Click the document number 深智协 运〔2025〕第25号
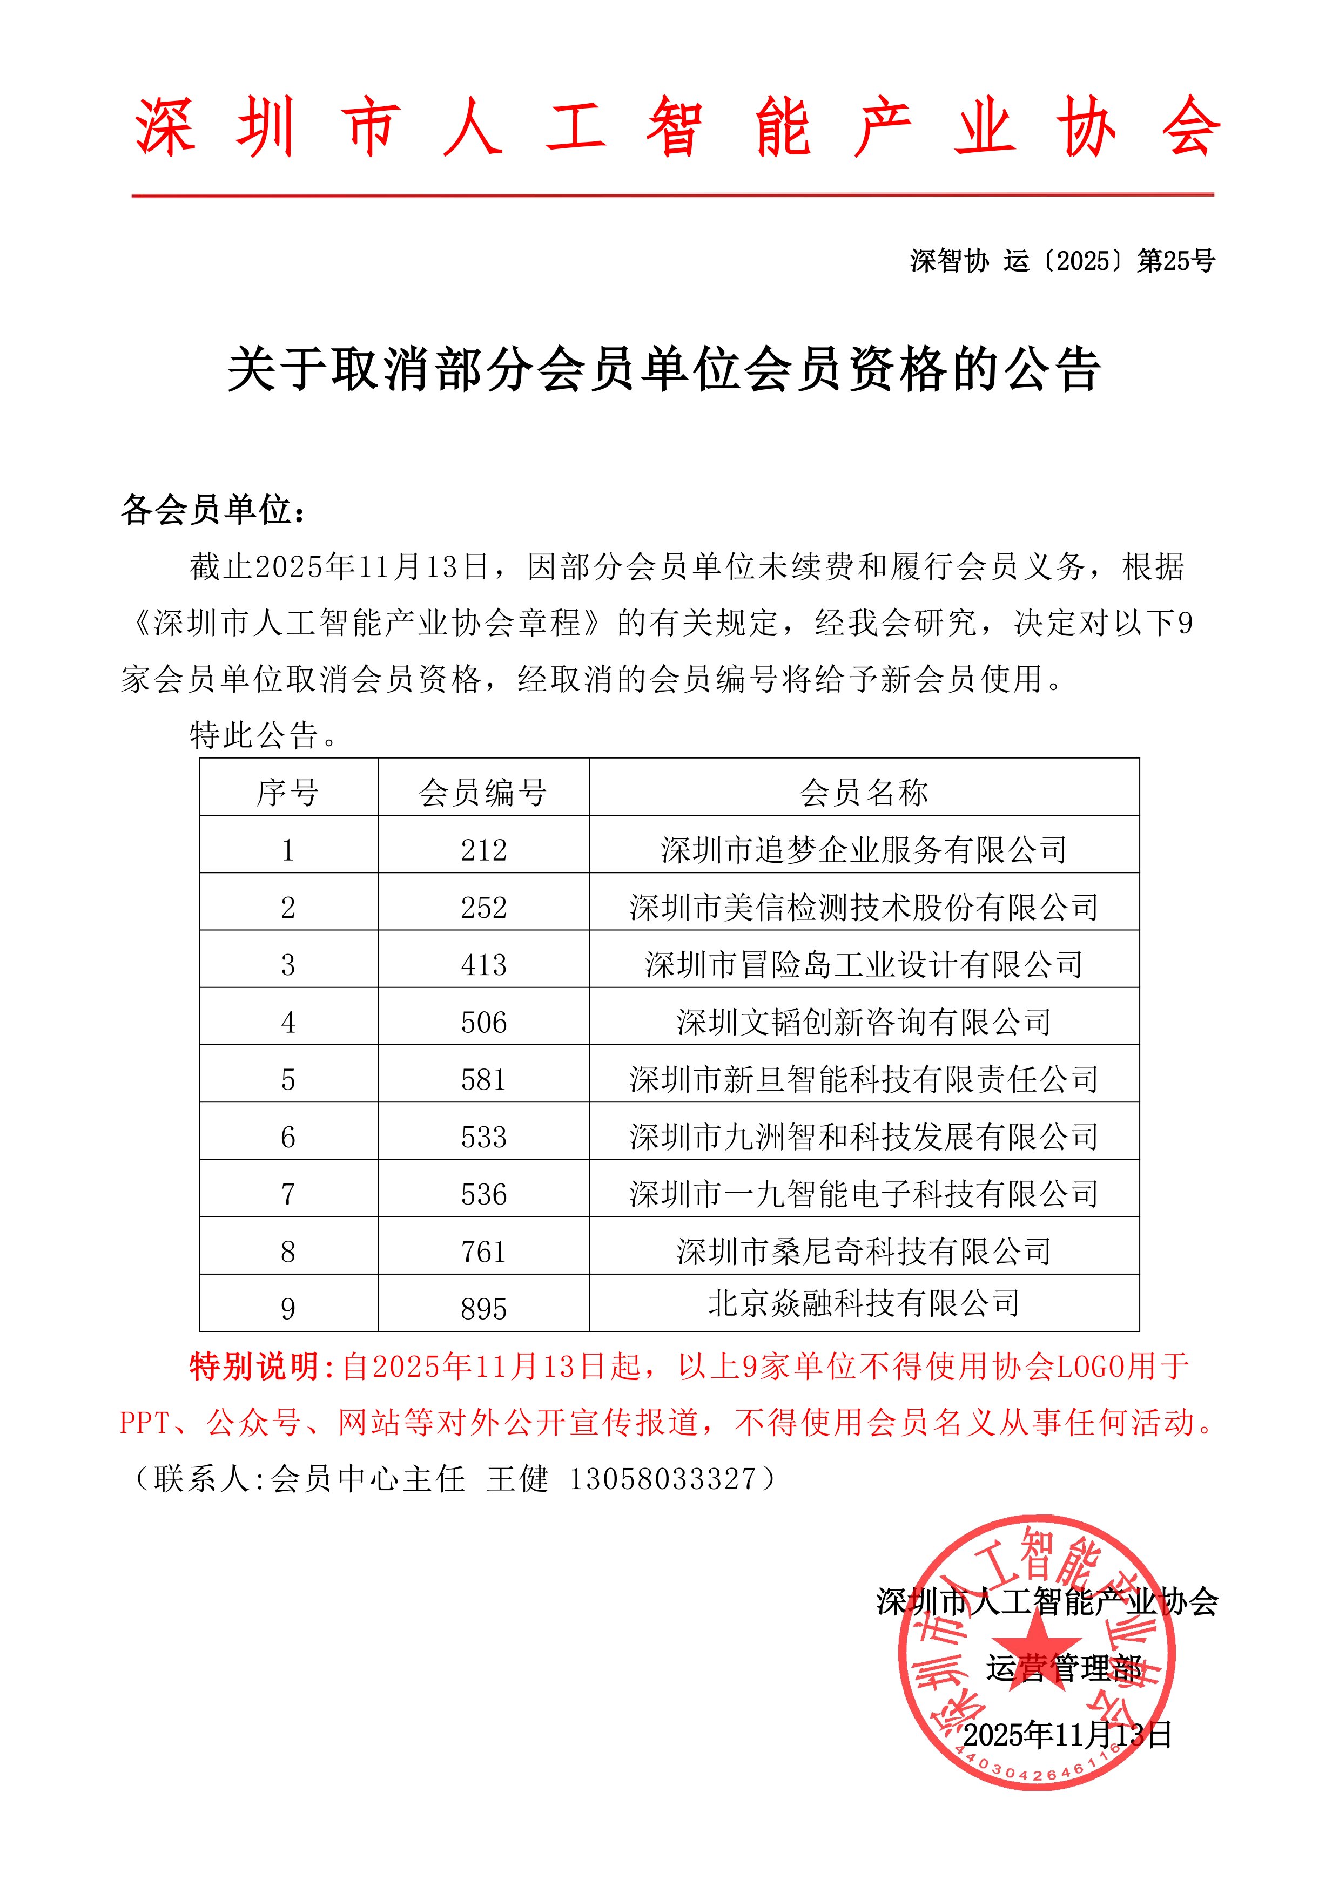(1062, 261)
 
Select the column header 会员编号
(483, 793)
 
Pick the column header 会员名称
(864, 793)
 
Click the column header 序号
(288, 793)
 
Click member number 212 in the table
(483, 850)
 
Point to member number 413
(483, 964)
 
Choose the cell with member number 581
(483, 1079)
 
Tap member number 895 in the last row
(483, 1308)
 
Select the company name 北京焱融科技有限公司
(864, 1303)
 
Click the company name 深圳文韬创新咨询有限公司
(864, 1022)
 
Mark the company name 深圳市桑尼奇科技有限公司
(864, 1252)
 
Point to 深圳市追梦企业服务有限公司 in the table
(864, 850)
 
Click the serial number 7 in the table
(288, 1194)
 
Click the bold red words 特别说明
(255, 1367)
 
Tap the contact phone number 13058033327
(663, 1479)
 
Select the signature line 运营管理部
(1064, 1669)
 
